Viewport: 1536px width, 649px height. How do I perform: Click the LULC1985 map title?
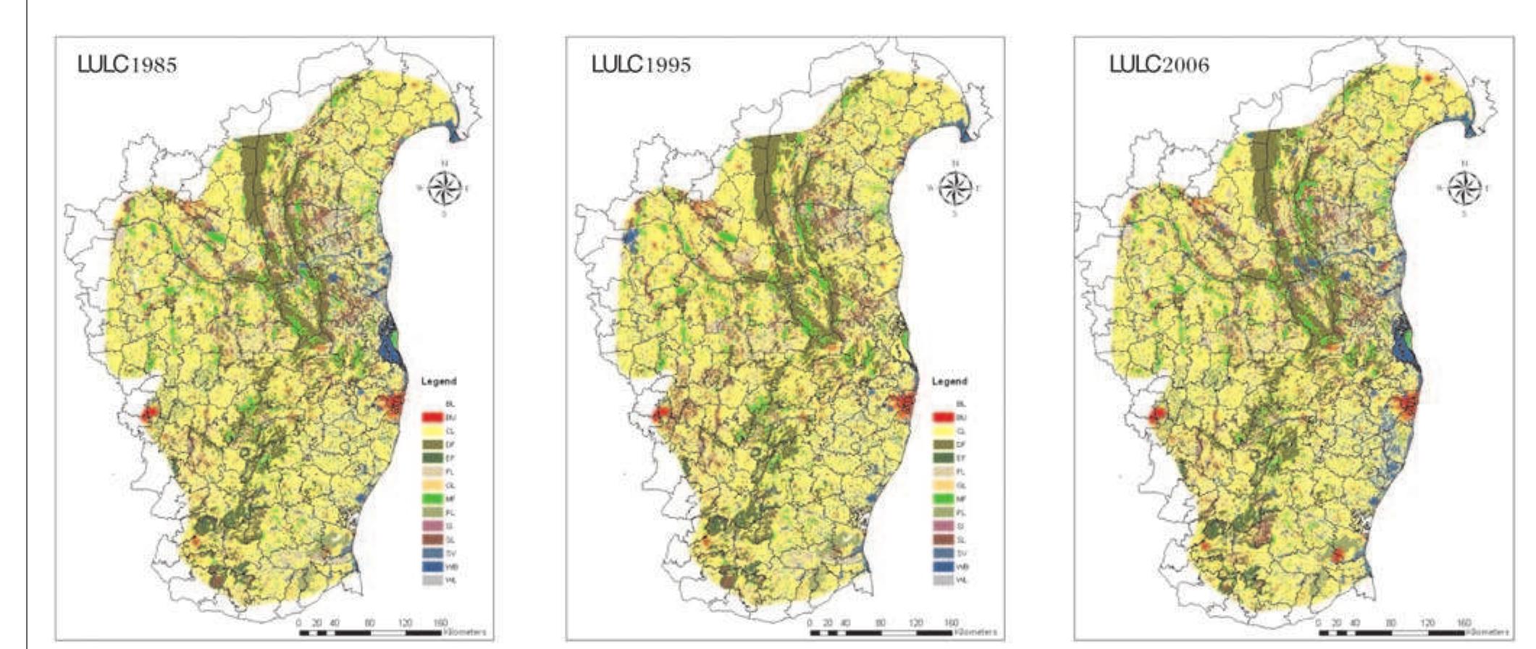(x=127, y=64)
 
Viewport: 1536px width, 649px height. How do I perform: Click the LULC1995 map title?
(x=641, y=64)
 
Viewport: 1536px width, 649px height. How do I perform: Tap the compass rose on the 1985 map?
(x=445, y=188)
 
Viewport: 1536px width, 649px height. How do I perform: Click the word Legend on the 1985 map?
(x=438, y=381)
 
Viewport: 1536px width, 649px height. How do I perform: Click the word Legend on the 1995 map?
(x=949, y=381)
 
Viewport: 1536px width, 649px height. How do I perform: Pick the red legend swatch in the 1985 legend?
(x=432, y=417)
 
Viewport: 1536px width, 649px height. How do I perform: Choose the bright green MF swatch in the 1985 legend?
(x=432, y=499)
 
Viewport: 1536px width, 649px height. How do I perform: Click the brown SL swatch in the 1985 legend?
(x=432, y=540)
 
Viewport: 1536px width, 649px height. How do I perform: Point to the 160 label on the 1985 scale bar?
(x=440, y=623)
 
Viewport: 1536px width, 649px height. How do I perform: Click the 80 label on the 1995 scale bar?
(x=881, y=623)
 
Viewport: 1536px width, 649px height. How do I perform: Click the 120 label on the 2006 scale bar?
(x=1427, y=623)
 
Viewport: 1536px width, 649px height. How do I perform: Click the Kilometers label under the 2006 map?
(x=1489, y=633)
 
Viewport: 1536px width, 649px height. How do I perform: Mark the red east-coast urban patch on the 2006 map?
(x=1406, y=407)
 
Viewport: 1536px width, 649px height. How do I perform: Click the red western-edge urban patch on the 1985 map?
(x=148, y=415)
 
